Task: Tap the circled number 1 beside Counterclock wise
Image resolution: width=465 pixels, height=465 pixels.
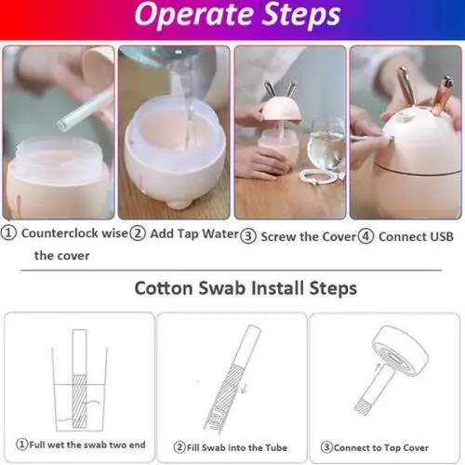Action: pyautogui.click(x=9, y=235)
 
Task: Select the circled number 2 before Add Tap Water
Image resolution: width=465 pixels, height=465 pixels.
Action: pyautogui.click(x=136, y=235)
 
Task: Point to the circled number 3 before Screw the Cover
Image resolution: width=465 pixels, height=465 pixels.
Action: pyautogui.click(x=247, y=236)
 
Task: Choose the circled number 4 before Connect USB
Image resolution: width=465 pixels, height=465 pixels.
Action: pyautogui.click(x=365, y=236)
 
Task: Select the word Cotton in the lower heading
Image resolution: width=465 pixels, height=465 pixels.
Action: pyautogui.click(x=165, y=288)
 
